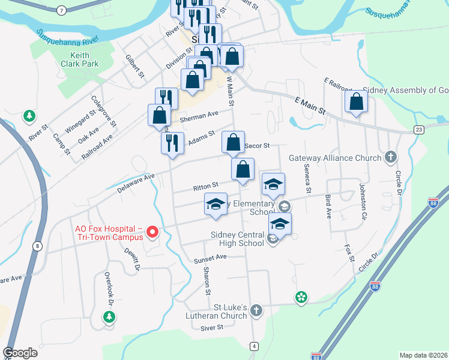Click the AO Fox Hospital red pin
(152, 232)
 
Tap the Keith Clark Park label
(76, 60)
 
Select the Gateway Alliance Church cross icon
(391, 157)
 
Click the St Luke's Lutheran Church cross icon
(256, 310)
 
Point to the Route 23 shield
(419, 130)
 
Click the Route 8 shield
(38, 246)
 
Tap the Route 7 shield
(61, 10)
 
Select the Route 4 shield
(255, 346)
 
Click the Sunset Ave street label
(209, 257)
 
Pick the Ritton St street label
(205, 188)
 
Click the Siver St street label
(212, 328)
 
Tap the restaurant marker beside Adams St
(172, 143)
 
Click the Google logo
(20, 353)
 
